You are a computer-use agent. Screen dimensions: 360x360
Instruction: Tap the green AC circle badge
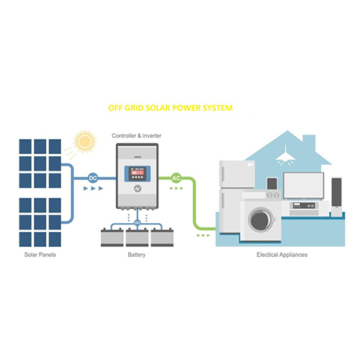[176, 177]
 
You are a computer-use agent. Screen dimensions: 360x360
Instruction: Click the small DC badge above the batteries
[137, 222]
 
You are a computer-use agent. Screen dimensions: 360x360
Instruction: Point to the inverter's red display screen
[137, 173]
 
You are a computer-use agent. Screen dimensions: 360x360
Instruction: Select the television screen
[303, 186]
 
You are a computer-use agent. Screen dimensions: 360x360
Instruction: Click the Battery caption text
[137, 256]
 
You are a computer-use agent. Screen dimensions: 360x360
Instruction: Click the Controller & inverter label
[137, 135]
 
